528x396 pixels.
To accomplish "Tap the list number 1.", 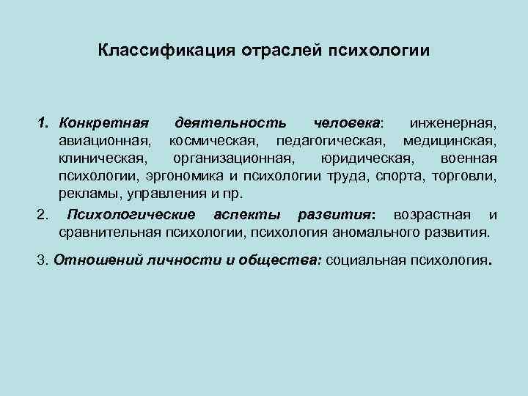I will (42, 120).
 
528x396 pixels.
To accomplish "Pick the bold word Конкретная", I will (104, 120).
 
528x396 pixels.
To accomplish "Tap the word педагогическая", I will (324, 139).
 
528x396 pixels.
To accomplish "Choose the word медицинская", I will (450, 139).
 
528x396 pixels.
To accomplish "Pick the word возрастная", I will (432, 215).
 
